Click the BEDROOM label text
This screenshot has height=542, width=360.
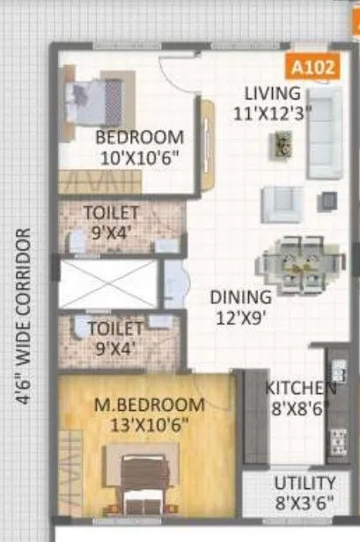140,138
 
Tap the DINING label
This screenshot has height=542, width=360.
240,297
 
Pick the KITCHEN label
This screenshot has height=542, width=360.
300,387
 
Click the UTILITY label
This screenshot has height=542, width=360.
305,483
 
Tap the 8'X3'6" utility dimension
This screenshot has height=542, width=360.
304,503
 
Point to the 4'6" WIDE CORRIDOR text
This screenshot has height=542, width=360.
24,317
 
